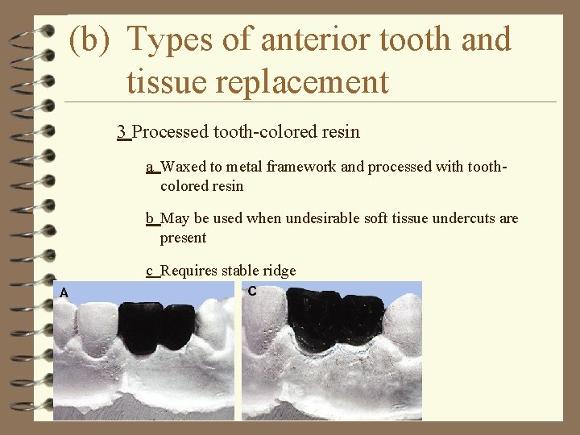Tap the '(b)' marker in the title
click(x=89, y=39)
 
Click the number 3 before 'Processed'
click(x=121, y=131)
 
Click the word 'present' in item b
click(x=183, y=238)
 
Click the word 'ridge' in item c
click(x=280, y=271)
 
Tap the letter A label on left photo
click(x=64, y=293)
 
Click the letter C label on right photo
click(x=252, y=292)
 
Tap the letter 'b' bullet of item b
click(x=150, y=218)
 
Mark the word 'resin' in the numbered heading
click(x=341, y=131)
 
